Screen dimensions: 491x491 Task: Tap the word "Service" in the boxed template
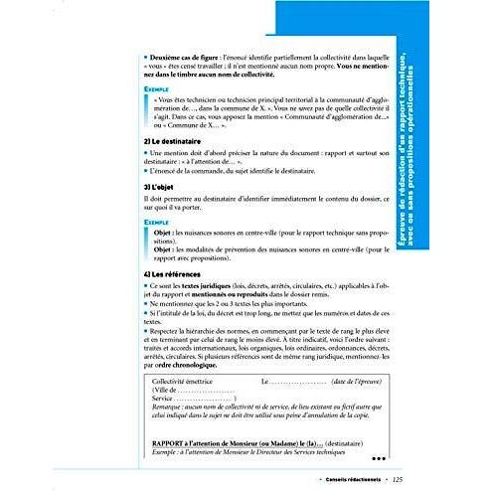point(163,398)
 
